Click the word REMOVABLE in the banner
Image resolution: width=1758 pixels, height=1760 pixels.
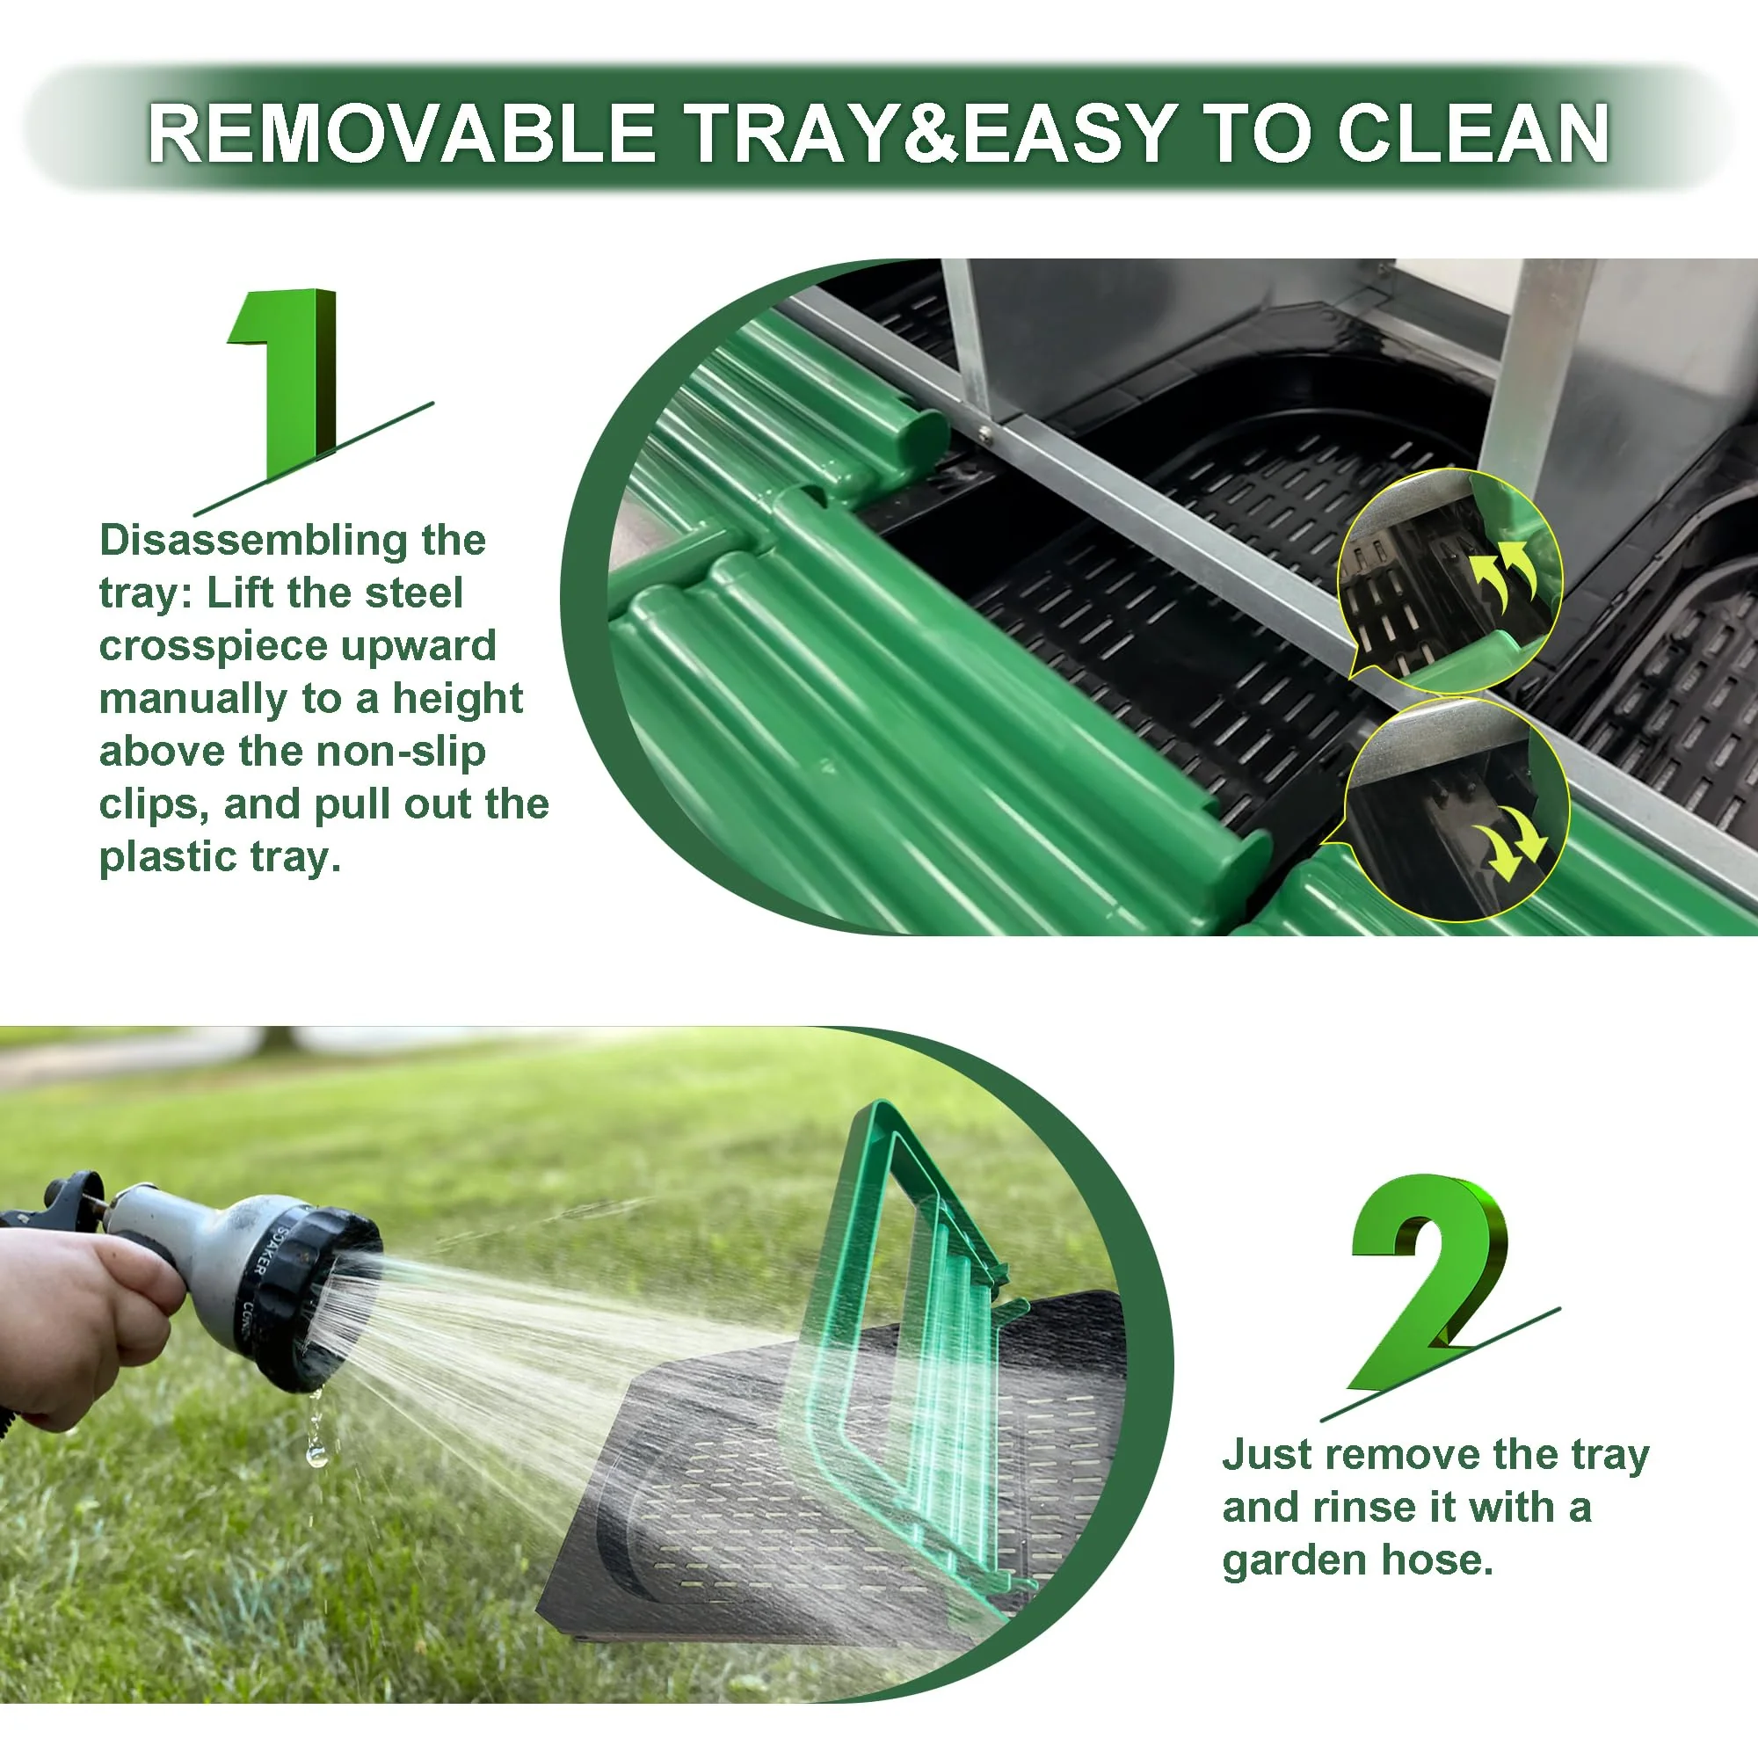tap(402, 133)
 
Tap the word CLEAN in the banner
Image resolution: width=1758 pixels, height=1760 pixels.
tap(1473, 133)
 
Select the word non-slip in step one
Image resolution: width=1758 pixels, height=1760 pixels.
tap(362, 752)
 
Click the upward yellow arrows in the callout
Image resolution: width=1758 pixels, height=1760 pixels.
tap(1503, 574)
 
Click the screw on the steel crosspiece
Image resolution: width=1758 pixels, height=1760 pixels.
tap(984, 433)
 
